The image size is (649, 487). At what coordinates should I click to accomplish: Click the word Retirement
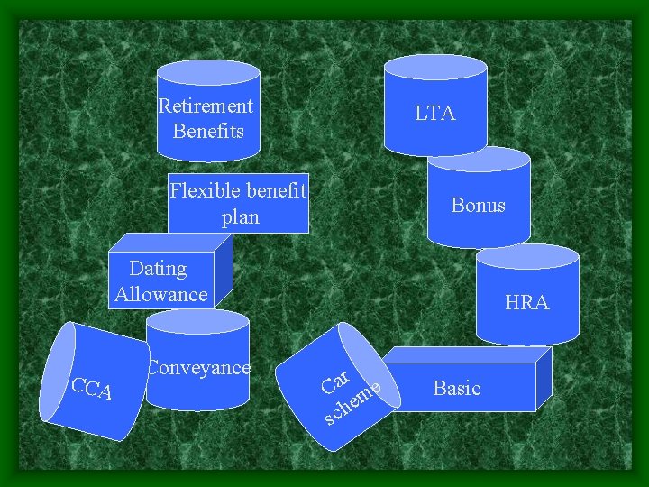point(206,106)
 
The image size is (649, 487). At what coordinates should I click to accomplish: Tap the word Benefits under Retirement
point(208,131)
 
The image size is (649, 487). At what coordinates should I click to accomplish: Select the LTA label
point(435,113)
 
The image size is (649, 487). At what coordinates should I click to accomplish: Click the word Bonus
point(478,205)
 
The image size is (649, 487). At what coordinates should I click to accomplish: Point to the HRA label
point(527,303)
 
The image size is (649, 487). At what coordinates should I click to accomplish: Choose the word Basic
point(457,388)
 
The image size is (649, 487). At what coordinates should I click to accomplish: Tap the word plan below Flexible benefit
point(240,216)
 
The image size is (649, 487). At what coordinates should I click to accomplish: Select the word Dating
point(158,268)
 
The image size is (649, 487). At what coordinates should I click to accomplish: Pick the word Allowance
point(161,294)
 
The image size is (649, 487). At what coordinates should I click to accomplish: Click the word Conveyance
point(198,367)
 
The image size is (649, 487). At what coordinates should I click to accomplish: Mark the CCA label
point(91,389)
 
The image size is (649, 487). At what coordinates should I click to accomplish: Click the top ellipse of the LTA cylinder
point(435,67)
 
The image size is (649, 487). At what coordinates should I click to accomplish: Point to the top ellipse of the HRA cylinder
point(527,256)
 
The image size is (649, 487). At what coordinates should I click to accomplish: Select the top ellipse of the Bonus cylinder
point(479,160)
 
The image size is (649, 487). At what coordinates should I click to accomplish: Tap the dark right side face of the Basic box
point(543,379)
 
